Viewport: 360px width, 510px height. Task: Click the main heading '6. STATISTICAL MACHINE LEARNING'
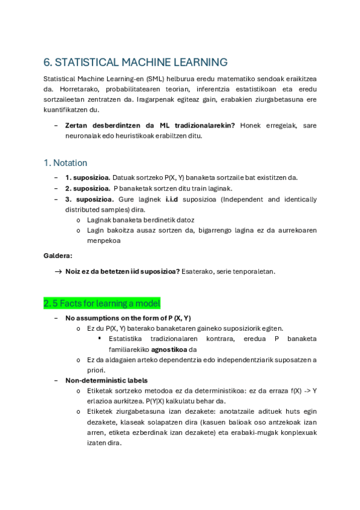(135, 62)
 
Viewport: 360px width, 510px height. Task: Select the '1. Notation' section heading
(66, 163)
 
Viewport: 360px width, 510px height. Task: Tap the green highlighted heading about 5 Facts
(102, 303)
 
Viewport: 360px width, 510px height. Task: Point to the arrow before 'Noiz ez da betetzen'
(58, 271)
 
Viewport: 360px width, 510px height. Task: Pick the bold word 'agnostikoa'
(168, 349)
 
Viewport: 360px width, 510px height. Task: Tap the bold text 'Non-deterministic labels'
(106, 380)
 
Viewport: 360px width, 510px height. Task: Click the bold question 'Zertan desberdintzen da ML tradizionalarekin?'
(150, 125)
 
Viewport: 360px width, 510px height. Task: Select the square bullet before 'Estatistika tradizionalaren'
(100, 339)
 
